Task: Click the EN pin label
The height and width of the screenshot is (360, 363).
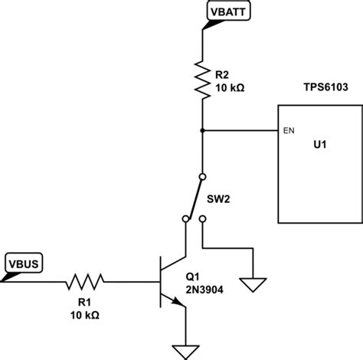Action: pos(288,131)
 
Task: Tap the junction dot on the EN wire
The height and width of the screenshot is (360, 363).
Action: pos(202,130)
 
